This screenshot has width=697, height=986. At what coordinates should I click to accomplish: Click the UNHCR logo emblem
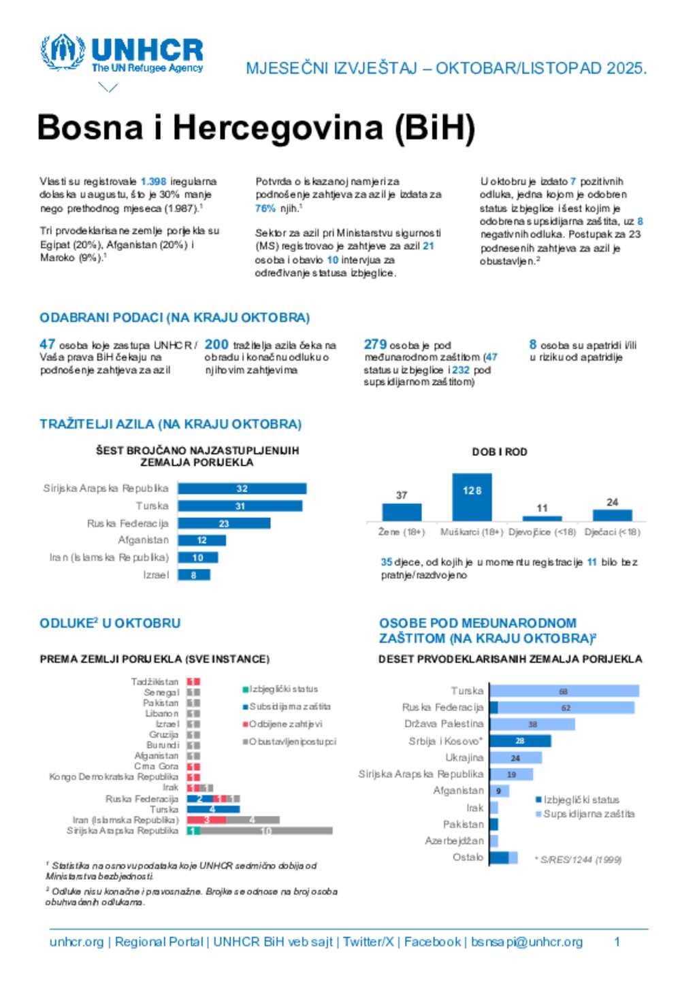63,52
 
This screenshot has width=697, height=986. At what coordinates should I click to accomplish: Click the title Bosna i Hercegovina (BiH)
256,128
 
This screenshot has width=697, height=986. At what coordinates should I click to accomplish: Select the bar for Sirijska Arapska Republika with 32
242,489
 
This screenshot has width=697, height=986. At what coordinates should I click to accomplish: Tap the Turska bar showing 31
240,506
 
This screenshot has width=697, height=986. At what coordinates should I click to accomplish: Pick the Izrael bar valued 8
194,575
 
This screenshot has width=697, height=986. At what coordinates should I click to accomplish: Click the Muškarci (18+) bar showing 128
472,497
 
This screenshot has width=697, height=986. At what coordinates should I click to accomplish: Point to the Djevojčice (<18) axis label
542,532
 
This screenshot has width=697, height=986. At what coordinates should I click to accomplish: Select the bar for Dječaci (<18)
612,515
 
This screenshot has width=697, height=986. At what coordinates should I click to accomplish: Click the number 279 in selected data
375,344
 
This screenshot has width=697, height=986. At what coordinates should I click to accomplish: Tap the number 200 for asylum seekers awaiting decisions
216,344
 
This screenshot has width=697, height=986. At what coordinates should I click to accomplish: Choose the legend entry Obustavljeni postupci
289,742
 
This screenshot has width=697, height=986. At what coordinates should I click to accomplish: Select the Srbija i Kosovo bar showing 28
520,741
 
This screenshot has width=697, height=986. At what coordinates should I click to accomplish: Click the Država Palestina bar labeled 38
532,724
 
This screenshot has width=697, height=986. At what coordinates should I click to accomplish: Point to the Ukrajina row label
464,758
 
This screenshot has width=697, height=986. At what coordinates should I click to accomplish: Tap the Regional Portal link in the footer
159,942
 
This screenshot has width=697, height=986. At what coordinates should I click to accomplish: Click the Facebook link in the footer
432,942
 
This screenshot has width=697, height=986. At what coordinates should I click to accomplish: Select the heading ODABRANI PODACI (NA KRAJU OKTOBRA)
174,318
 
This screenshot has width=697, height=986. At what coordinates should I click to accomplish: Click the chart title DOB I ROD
500,452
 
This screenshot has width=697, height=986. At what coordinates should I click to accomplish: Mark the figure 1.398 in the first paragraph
153,182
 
